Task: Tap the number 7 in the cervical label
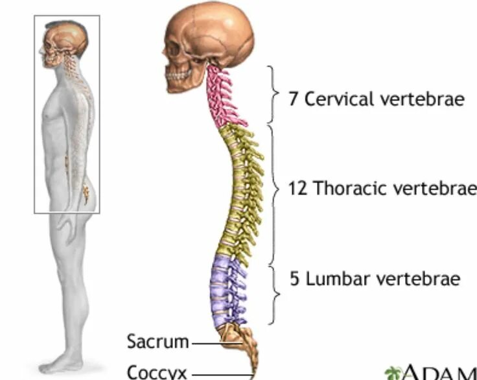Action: (293, 99)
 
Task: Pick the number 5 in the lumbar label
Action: (294, 279)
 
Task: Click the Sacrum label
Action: (157, 341)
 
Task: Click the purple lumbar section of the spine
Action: (227, 289)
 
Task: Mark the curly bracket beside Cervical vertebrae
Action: (272, 94)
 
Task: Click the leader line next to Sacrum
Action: (206, 342)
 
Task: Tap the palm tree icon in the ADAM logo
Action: (393, 373)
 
